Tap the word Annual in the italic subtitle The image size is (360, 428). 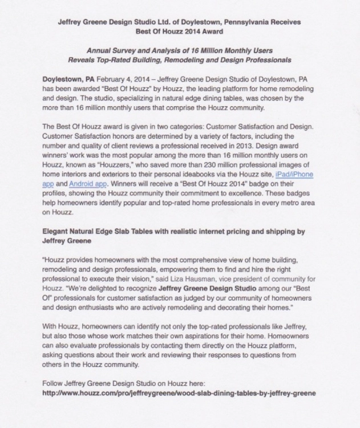pyautogui.click(x=96, y=50)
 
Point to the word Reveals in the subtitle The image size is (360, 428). pyautogui.click(x=83, y=59)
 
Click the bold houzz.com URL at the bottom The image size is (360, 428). pyautogui.click(x=179, y=394)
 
